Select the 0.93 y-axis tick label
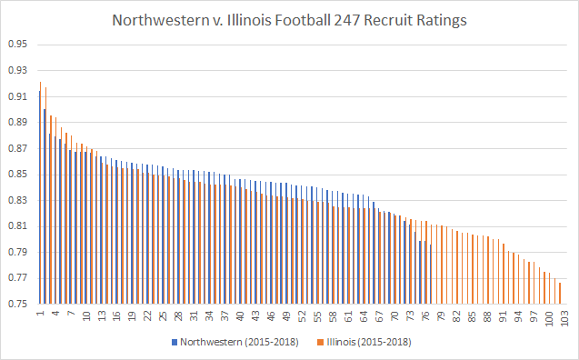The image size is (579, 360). click(18, 70)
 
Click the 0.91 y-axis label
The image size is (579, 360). click(18, 96)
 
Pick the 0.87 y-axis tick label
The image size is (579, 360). click(18, 148)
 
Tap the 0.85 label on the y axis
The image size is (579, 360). click(18, 175)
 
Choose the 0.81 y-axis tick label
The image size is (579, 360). click(18, 226)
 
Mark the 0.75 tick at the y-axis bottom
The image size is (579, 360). click(18, 305)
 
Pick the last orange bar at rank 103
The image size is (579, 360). click(561, 294)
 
